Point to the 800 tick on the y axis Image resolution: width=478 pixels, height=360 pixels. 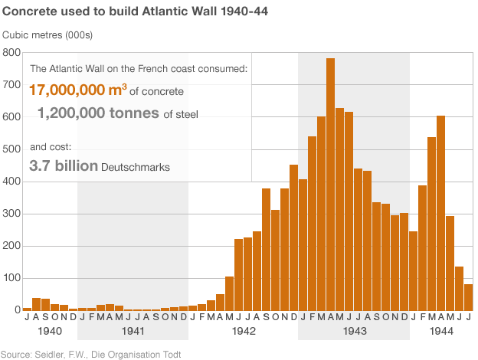pos(11,52)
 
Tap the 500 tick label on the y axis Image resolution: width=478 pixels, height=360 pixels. pos(11,149)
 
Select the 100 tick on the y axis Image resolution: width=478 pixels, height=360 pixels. pos(11,277)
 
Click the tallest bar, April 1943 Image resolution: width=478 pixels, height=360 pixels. pos(330,184)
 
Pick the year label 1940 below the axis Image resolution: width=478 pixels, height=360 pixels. pos(50,332)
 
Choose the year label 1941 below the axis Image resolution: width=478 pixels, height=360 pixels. pos(133,332)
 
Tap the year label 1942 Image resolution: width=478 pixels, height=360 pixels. pos(243,332)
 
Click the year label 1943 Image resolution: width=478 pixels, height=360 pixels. pos(353,332)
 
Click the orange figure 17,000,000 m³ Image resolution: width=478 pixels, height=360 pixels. pos(77,90)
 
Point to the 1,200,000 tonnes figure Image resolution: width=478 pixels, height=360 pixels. pos(97,114)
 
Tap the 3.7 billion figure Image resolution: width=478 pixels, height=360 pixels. pos(64,165)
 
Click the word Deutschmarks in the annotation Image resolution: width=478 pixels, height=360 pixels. pos(135,166)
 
